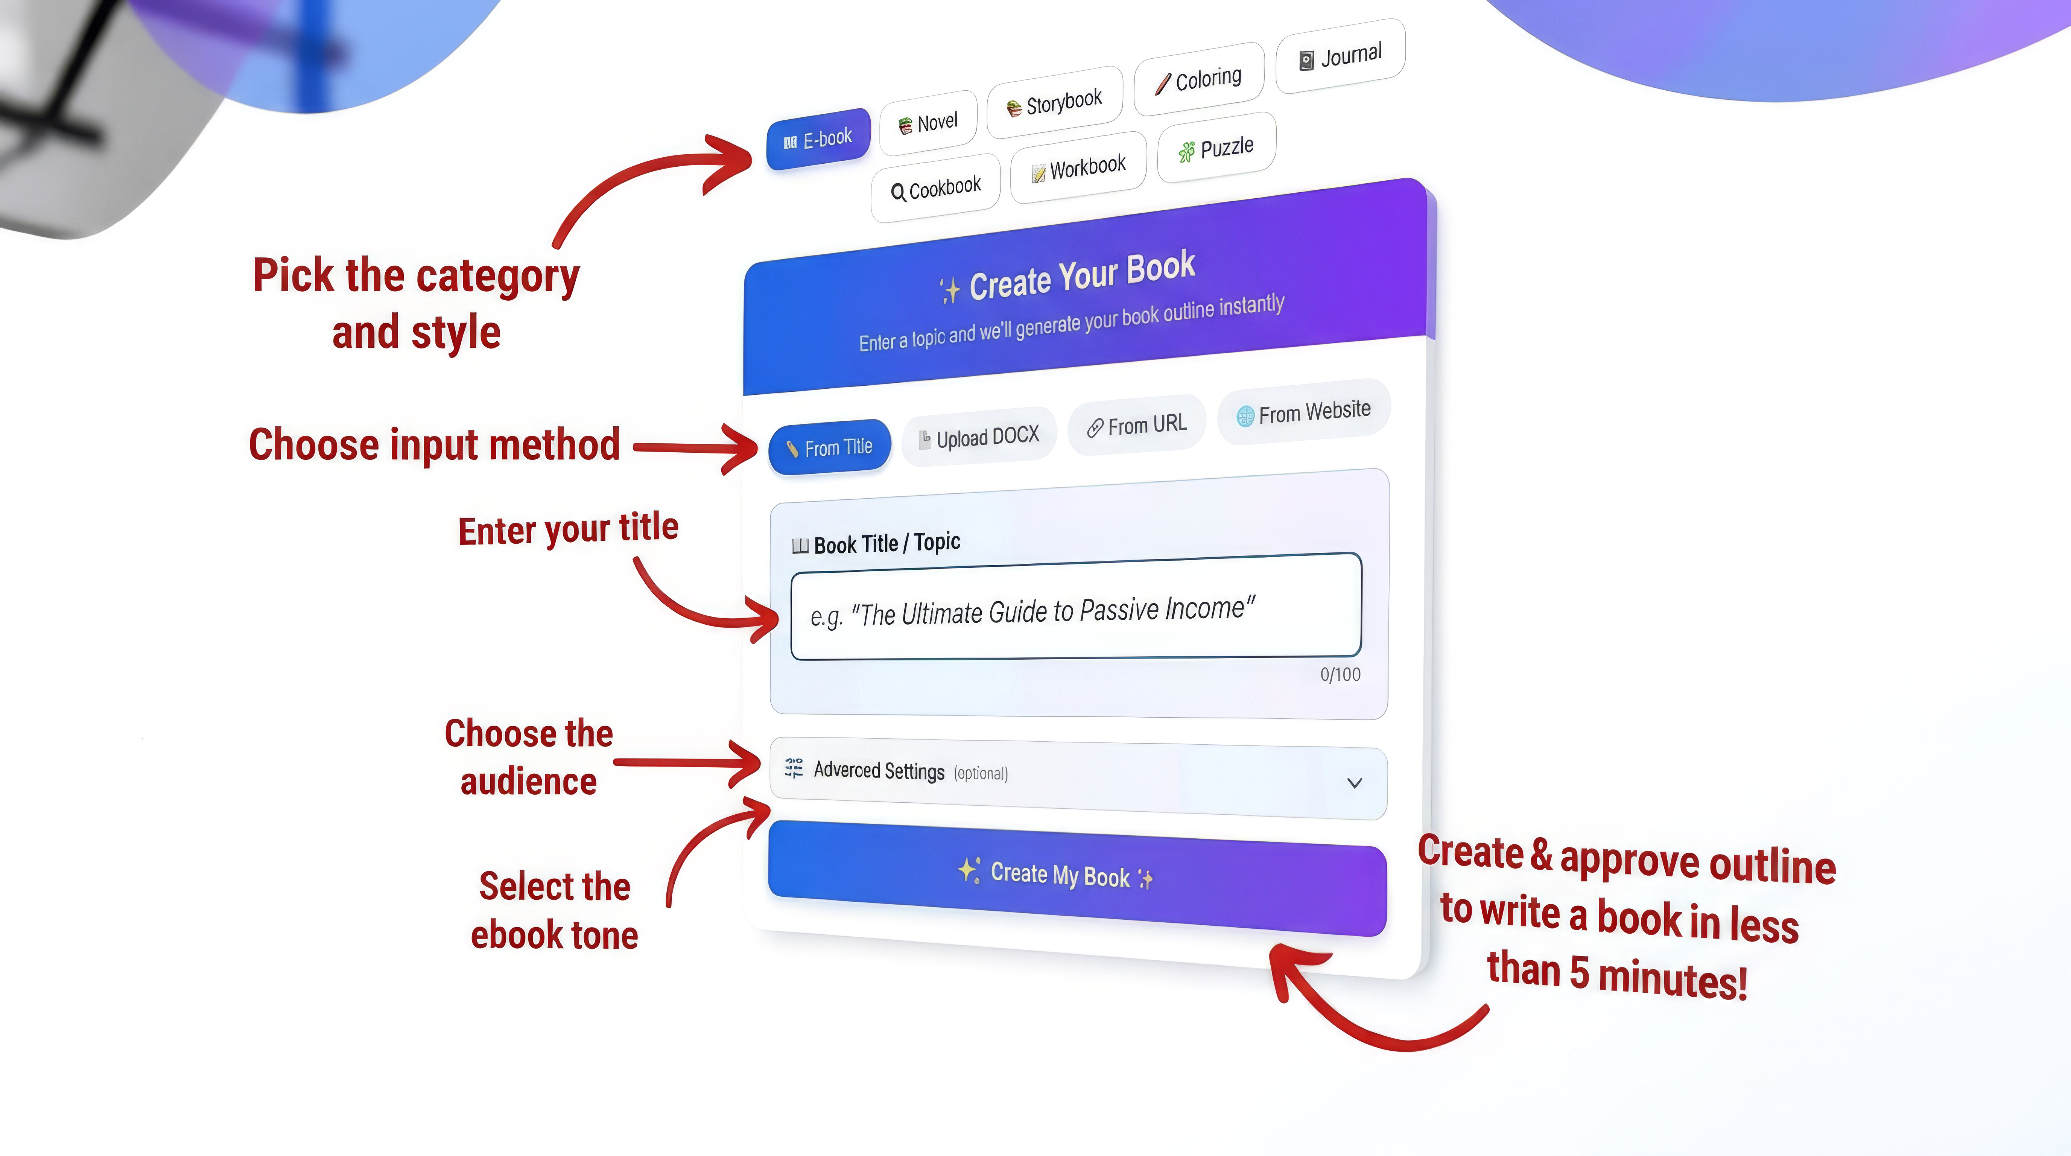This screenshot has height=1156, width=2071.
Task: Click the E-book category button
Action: pyautogui.click(x=818, y=139)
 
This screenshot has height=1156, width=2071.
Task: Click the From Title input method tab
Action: pyautogui.click(x=830, y=447)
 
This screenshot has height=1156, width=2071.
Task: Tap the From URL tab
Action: pyautogui.click(x=1137, y=425)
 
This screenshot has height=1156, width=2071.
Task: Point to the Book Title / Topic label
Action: pyautogui.click(x=886, y=543)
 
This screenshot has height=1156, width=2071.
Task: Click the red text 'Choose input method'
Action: pyautogui.click(x=434, y=444)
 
